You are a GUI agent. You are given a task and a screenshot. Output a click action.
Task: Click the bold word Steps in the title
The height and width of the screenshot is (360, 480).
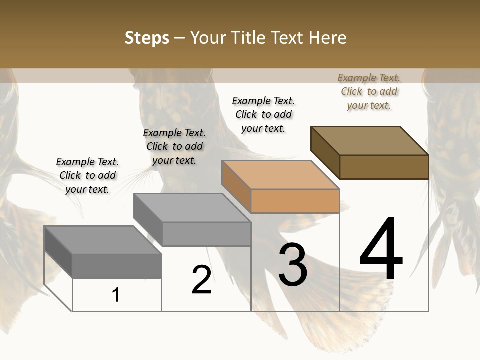[x=147, y=38]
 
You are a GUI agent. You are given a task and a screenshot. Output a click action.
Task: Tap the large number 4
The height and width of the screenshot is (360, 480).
[x=381, y=249]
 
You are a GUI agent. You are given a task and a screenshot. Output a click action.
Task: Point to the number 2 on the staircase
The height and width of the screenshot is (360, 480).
[x=201, y=280]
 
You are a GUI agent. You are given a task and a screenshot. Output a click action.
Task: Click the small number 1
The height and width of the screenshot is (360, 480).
[x=116, y=295]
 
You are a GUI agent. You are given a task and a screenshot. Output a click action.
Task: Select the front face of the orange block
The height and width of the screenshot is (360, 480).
[x=295, y=201]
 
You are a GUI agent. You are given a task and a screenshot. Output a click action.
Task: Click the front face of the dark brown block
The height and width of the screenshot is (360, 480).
[x=384, y=167]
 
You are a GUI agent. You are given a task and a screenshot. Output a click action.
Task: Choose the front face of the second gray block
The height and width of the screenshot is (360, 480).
[x=206, y=234]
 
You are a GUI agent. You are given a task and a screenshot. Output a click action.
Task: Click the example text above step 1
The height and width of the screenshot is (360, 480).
[x=87, y=175]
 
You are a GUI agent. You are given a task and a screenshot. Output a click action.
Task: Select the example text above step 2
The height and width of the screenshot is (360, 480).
[x=174, y=146]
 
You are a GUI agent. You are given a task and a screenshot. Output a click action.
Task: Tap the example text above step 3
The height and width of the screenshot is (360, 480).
[x=263, y=114]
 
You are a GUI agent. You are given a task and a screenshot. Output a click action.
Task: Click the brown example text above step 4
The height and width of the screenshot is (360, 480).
[x=369, y=91]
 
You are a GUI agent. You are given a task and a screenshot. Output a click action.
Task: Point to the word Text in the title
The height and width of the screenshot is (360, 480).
[x=288, y=38]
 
